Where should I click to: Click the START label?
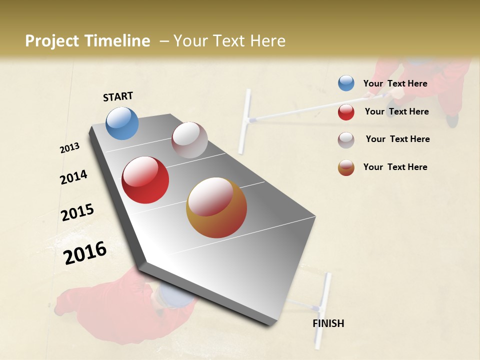coord(118,96)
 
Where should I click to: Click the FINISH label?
coord(328,323)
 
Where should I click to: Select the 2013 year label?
coord(70,148)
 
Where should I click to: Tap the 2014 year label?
coord(73,177)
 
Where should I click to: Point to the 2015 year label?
coord(77,212)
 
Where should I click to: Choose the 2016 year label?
coord(85,252)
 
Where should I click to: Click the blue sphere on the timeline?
coord(122,123)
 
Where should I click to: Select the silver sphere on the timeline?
coord(189,140)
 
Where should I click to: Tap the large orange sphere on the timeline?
coord(216,207)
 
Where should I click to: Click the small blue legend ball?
coord(346,83)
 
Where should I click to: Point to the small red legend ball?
coord(346,112)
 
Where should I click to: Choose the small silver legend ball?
coord(346,139)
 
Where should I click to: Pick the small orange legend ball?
coord(346,167)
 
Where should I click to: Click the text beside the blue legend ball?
coord(395,83)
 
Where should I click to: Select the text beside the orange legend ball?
coord(395,167)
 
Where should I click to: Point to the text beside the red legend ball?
coord(396,111)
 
